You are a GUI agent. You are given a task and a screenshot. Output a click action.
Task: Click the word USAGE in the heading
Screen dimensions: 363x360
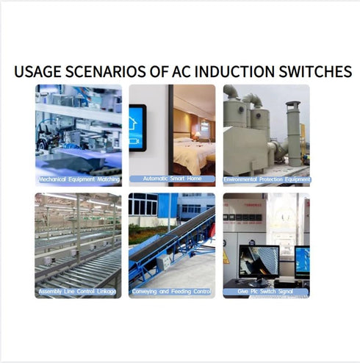37,72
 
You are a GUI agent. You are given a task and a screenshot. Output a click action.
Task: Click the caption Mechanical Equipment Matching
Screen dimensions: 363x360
79,179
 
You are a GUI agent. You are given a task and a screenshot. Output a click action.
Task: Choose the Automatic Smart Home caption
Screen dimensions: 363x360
172,179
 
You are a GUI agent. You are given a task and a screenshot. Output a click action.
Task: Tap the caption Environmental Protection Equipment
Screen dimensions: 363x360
267,179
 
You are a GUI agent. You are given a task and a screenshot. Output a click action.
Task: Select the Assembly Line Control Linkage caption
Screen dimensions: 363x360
79,292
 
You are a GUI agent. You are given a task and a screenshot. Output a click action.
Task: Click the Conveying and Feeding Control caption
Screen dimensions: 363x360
172,292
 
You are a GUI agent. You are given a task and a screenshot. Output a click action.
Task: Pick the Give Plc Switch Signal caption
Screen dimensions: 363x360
267,292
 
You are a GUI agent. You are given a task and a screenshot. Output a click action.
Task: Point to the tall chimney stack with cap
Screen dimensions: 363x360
293,132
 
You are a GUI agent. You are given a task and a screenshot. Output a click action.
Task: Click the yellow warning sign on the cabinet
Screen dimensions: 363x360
226,258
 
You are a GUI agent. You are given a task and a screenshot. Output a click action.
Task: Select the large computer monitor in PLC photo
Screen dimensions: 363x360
258,262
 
